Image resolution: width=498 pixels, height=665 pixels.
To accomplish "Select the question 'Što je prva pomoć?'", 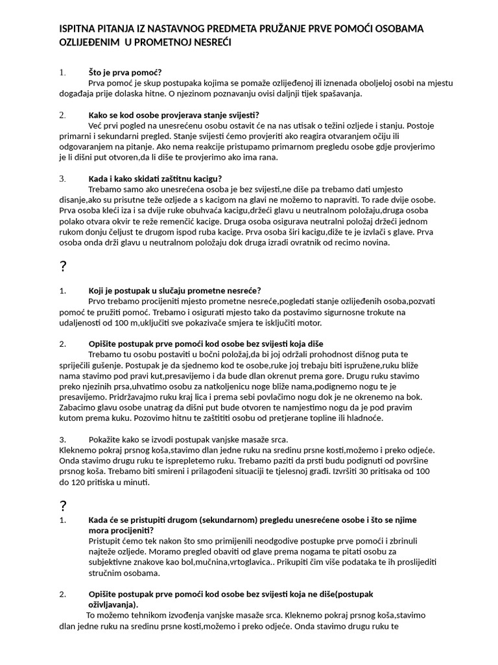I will (x=124, y=72).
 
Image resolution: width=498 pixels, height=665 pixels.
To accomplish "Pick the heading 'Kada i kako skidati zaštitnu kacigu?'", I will (x=155, y=179).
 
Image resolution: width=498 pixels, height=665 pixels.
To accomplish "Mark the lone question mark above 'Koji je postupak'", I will (x=63, y=267).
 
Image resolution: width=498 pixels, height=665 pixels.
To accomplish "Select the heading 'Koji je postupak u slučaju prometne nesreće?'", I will (x=174, y=290).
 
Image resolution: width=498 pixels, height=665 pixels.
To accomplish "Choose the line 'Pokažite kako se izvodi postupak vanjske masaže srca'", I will (x=188, y=439).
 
